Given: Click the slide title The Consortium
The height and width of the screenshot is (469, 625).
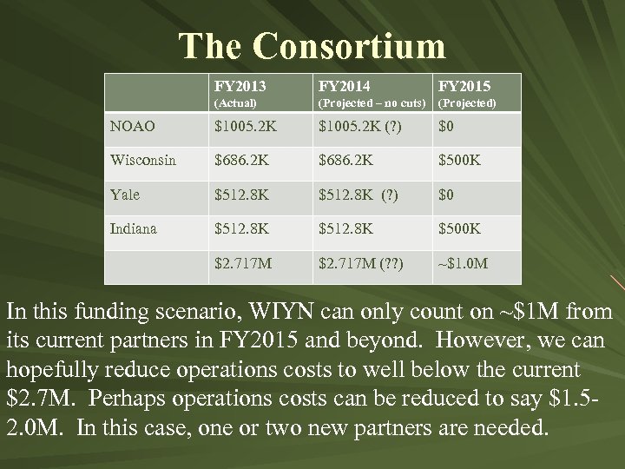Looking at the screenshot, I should tap(312, 44).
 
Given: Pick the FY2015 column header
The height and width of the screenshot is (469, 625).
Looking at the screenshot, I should tap(464, 86).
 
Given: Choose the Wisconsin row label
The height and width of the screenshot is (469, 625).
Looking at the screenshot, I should tap(142, 161).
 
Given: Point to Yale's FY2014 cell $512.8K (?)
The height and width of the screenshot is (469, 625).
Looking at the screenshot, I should tap(358, 195).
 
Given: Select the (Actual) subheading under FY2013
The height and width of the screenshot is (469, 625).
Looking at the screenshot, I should tap(236, 103).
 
